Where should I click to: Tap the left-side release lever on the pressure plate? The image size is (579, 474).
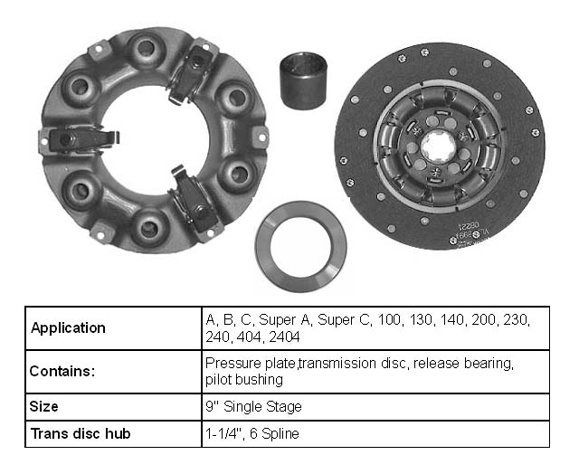point(77,138)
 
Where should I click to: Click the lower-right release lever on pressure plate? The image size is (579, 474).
point(195,199)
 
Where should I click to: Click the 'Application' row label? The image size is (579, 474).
point(68,328)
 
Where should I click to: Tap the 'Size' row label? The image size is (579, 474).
point(44,406)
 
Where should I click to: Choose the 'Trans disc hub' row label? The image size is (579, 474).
point(81,433)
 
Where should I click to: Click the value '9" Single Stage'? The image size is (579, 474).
point(253,406)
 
